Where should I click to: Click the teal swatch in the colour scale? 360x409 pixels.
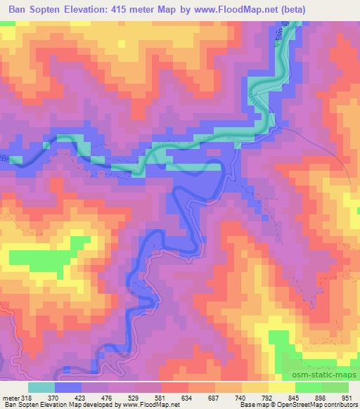[41, 387]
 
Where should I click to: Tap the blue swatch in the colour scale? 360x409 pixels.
[67, 387]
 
